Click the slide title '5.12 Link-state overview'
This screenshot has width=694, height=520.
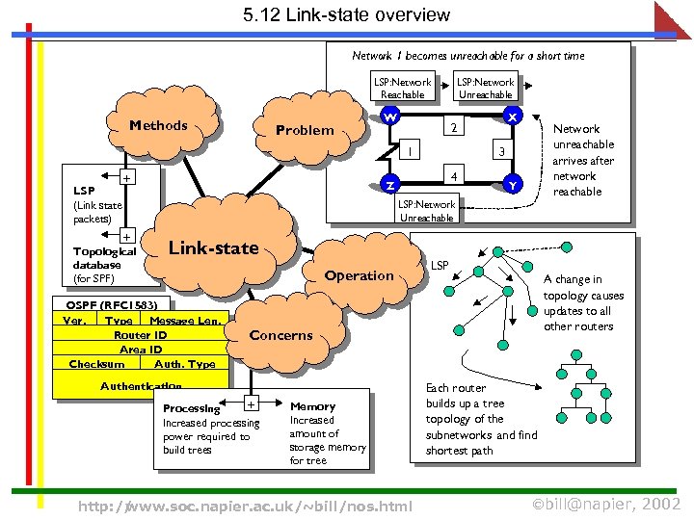click(347, 14)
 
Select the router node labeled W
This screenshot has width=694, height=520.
click(390, 116)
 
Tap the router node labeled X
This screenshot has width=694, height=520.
click(513, 116)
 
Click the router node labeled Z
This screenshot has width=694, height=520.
click(390, 184)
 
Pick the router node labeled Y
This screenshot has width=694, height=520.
click(513, 184)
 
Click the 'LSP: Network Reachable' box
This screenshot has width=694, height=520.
click(403, 89)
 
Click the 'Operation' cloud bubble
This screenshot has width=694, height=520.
click(359, 275)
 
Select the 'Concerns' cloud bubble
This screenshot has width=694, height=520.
click(280, 335)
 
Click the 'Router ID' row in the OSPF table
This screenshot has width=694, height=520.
click(141, 335)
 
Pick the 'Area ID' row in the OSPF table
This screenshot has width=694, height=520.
click(141, 350)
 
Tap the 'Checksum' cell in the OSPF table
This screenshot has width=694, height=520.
click(97, 364)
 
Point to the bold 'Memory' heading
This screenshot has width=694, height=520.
click(312, 406)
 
